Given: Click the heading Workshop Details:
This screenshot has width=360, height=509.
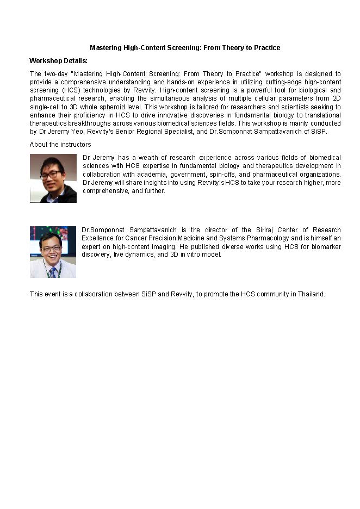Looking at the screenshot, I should click(x=58, y=60).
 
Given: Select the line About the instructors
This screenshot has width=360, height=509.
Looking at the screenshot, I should click(x=60, y=145).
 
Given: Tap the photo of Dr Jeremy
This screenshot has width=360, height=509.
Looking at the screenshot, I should click(x=53, y=178).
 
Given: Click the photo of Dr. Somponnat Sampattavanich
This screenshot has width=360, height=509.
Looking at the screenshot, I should click(x=53, y=252).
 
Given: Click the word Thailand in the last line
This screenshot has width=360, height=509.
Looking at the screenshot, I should click(x=309, y=294).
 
